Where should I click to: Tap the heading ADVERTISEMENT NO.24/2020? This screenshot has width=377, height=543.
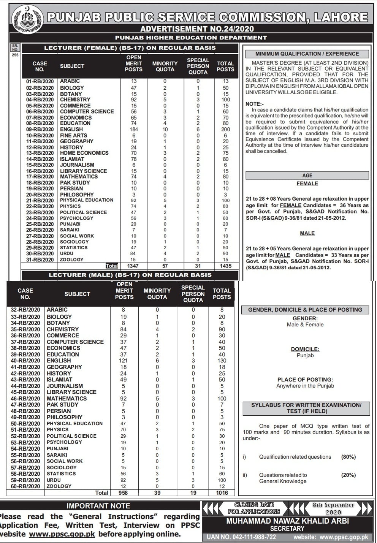197,28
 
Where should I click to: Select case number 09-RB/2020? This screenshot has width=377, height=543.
40,129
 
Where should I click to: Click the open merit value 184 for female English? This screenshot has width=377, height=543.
134,129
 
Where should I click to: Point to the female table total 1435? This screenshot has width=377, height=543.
225,266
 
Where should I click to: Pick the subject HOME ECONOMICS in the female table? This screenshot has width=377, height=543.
84,153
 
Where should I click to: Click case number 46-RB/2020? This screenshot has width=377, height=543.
25,399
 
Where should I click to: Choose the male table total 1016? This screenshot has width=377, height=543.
222,493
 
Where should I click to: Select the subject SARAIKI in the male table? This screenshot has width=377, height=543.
57,455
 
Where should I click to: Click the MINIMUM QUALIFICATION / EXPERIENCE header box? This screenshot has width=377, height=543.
307,54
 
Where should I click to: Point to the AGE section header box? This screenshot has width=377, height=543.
307,176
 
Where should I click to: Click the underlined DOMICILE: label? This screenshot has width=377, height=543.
305,349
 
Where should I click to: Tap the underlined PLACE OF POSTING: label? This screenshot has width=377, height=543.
305,380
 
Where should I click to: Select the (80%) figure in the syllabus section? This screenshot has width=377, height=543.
348,457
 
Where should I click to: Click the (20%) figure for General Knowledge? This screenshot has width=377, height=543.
348,475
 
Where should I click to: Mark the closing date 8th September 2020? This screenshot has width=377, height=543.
333,508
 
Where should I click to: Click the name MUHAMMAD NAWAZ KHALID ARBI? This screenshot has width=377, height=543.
287,521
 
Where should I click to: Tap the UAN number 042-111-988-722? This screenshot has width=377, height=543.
241,537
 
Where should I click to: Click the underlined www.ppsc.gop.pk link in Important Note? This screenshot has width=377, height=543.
62,534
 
